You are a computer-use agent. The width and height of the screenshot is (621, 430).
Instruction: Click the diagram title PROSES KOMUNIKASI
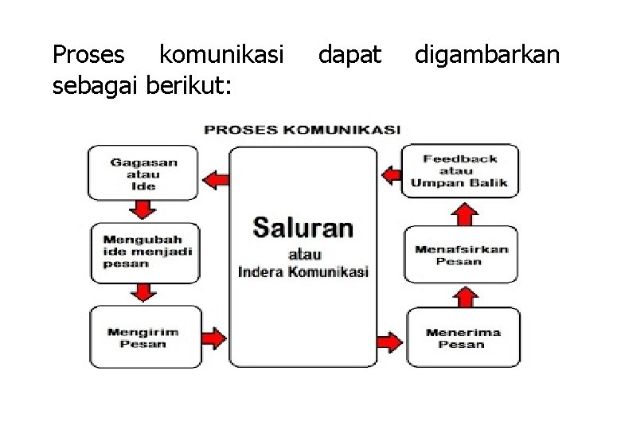click(x=303, y=129)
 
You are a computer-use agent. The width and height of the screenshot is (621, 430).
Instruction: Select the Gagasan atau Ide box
click(x=144, y=173)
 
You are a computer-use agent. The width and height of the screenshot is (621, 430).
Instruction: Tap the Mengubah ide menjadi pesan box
click(x=144, y=252)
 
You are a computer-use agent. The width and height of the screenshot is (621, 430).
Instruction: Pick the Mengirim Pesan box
click(x=144, y=338)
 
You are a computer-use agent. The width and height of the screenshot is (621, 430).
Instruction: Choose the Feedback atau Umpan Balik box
click(x=459, y=170)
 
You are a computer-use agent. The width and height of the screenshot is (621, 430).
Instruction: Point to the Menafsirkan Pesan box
click(x=460, y=255)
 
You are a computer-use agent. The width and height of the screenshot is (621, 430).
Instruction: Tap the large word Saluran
click(x=303, y=228)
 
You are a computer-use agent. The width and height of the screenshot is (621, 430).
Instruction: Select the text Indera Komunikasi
click(x=303, y=272)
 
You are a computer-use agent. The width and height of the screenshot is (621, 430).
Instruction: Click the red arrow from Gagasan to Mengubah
click(x=143, y=209)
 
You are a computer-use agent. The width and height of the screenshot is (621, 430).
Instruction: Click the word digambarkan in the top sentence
click(x=486, y=55)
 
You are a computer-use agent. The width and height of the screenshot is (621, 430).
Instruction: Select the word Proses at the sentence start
click(x=88, y=55)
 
